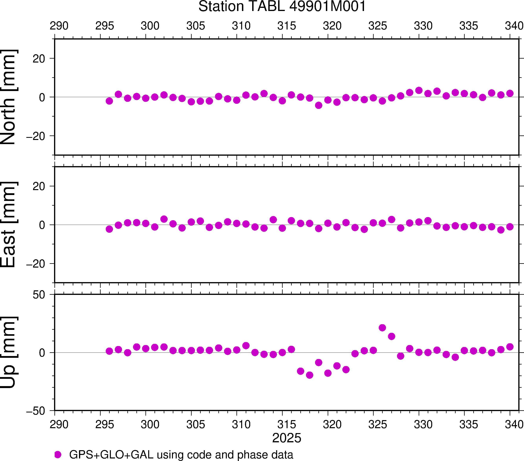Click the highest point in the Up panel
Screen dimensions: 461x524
click(x=382, y=328)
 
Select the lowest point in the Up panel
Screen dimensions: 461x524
click(x=309, y=375)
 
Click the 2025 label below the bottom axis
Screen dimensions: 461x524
click(x=287, y=438)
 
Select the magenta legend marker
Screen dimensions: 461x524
click(x=58, y=455)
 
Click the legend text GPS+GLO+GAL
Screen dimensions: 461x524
click(x=111, y=455)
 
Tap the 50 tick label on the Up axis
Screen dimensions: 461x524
click(x=39, y=295)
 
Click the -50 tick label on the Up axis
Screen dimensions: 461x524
click(x=36, y=411)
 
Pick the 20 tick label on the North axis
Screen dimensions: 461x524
click(x=39, y=59)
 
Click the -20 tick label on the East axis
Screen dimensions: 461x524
click(x=36, y=264)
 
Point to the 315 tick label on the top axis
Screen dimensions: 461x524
click(x=287, y=26)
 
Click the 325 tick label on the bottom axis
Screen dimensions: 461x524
click(x=378, y=425)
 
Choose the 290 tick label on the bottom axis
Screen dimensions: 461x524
click(x=59, y=425)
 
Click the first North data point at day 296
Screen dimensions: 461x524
click(x=109, y=101)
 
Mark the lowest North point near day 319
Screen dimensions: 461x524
click(x=319, y=105)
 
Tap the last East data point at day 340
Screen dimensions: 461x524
click(x=510, y=227)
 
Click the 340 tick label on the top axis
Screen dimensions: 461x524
click(x=514, y=26)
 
